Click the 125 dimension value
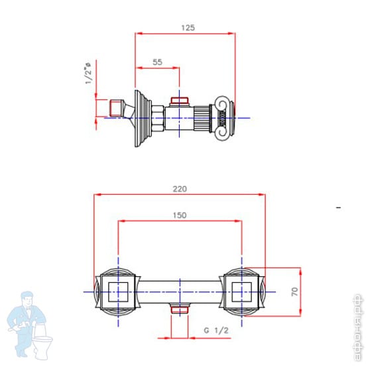click(x=188, y=28)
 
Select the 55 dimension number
click(x=157, y=62)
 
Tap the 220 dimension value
click(x=180, y=189)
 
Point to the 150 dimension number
click(x=180, y=215)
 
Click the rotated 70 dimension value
click(x=294, y=291)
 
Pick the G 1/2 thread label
click(x=216, y=331)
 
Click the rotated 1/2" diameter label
click(x=88, y=73)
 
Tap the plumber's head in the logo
click(x=27, y=299)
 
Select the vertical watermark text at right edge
click(x=358, y=327)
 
